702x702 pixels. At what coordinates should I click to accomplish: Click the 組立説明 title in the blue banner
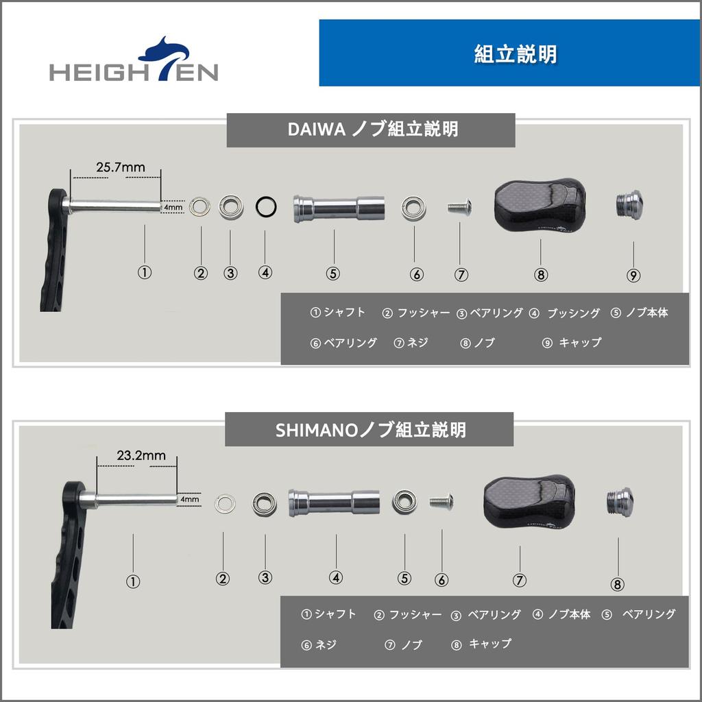point(515,54)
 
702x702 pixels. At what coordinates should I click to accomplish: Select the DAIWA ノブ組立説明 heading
point(371,130)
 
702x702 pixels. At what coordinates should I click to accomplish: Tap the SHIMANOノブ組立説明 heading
point(370,430)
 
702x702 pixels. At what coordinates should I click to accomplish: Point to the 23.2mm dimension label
point(141,455)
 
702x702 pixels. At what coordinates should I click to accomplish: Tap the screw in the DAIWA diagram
point(460,206)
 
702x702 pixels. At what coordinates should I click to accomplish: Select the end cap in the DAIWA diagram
point(629,203)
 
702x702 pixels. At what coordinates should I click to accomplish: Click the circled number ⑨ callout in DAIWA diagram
point(633,276)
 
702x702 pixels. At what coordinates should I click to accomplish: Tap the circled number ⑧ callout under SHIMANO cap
point(617,585)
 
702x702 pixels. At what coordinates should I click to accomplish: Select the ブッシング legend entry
point(566,313)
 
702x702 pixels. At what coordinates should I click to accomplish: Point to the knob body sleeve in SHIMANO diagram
point(335,502)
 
